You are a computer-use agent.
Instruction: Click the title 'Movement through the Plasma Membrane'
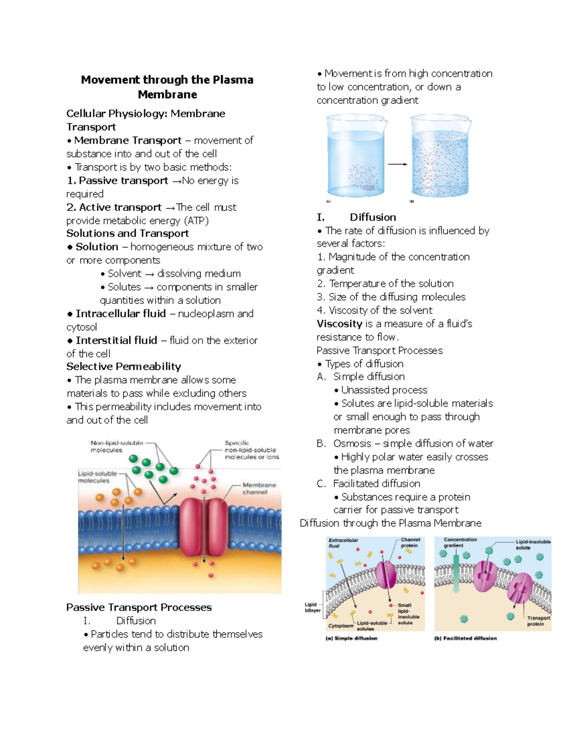[167, 87]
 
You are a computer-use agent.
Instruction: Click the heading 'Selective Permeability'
[124, 366]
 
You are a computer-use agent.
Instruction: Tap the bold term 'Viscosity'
[340, 324]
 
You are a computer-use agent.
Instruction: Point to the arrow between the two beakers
[398, 164]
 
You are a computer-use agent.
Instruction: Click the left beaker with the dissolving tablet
[357, 156]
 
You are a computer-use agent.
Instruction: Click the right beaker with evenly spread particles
[441, 156]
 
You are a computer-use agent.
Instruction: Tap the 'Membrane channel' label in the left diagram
[258, 488]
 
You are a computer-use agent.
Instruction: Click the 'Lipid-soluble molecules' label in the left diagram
[97, 477]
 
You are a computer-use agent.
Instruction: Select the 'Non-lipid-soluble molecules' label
[116, 446]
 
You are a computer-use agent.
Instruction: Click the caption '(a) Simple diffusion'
[351, 638]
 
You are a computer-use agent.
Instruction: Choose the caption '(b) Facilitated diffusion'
[466, 638]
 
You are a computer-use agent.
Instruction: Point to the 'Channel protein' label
[410, 542]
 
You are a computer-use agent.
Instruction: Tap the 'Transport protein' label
[538, 621]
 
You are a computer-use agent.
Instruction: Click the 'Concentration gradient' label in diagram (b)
[460, 542]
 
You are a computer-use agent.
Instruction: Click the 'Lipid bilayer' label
[312, 607]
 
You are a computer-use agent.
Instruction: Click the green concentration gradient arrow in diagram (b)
[456, 573]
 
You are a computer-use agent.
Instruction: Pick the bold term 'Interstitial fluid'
[116, 340]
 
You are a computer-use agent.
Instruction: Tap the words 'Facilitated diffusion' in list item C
[376, 483]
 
